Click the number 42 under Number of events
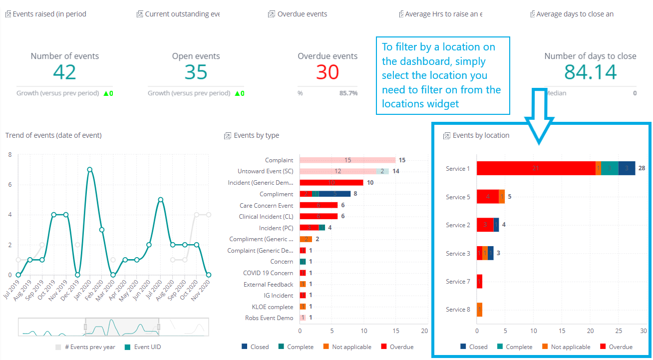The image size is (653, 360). (64, 72)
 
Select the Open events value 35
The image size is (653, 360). (196, 72)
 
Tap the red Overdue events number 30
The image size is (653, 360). (327, 72)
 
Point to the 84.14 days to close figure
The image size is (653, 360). (591, 72)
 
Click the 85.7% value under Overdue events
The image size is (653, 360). (348, 93)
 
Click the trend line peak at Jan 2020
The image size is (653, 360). (89, 170)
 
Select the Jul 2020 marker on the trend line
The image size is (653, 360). (161, 200)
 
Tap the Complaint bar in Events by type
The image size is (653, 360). (347, 160)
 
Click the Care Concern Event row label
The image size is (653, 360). (266, 205)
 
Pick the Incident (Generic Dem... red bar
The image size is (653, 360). (331, 183)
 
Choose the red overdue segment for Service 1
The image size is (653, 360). (536, 168)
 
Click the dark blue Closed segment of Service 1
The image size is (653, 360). (627, 168)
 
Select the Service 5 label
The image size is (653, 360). (458, 197)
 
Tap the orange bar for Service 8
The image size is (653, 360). (479, 310)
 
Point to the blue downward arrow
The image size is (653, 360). (539, 117)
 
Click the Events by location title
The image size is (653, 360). (481, 135)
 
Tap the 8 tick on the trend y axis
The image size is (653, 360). (10, 155)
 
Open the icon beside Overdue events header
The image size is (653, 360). (271, 14)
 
